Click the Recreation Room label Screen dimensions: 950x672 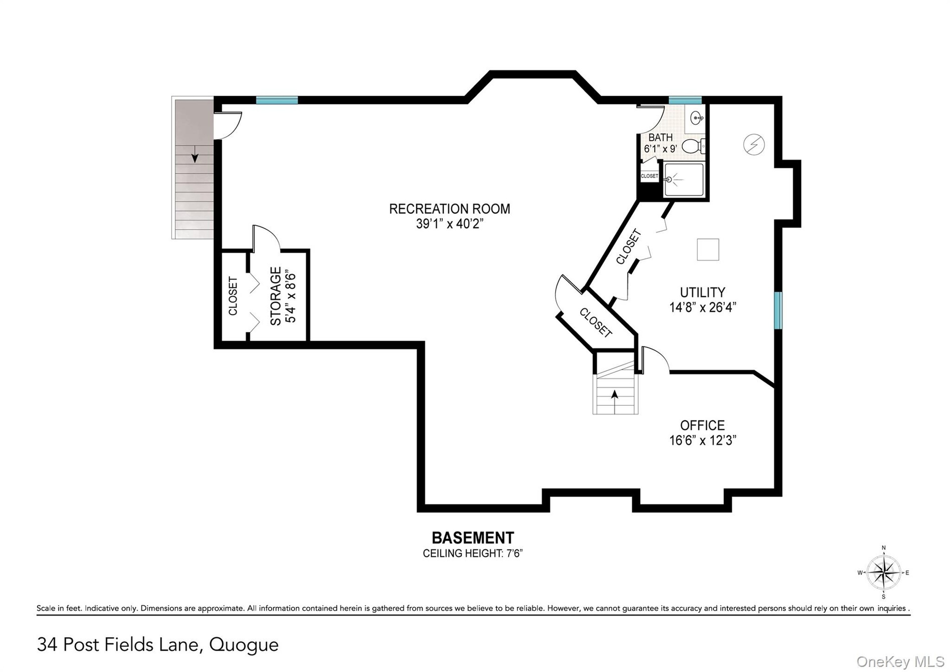coord(449,209)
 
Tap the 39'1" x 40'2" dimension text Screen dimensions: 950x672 coord(449,224)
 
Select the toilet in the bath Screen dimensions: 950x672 coord(693,146)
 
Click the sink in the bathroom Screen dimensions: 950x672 coord(697,118)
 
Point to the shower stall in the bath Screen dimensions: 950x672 coord(683,180)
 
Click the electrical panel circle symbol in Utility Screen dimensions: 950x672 coord(754,145)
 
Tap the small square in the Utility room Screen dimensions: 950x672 coord(708,249)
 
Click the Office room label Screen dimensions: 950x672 coord(702,425)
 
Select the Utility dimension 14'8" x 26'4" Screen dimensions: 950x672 coord(703,308)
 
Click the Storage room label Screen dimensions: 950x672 coord(276,296)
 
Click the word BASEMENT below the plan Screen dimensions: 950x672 coord(473,538)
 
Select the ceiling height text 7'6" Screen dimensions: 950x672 coord(513,553)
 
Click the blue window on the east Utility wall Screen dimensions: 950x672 coord(778,310)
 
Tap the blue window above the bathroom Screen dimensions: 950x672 coord(685,100)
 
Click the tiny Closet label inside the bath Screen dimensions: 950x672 coord(649,176)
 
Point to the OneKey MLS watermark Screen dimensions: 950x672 coord(901,662)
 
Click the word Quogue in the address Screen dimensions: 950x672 coord(244,645)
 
